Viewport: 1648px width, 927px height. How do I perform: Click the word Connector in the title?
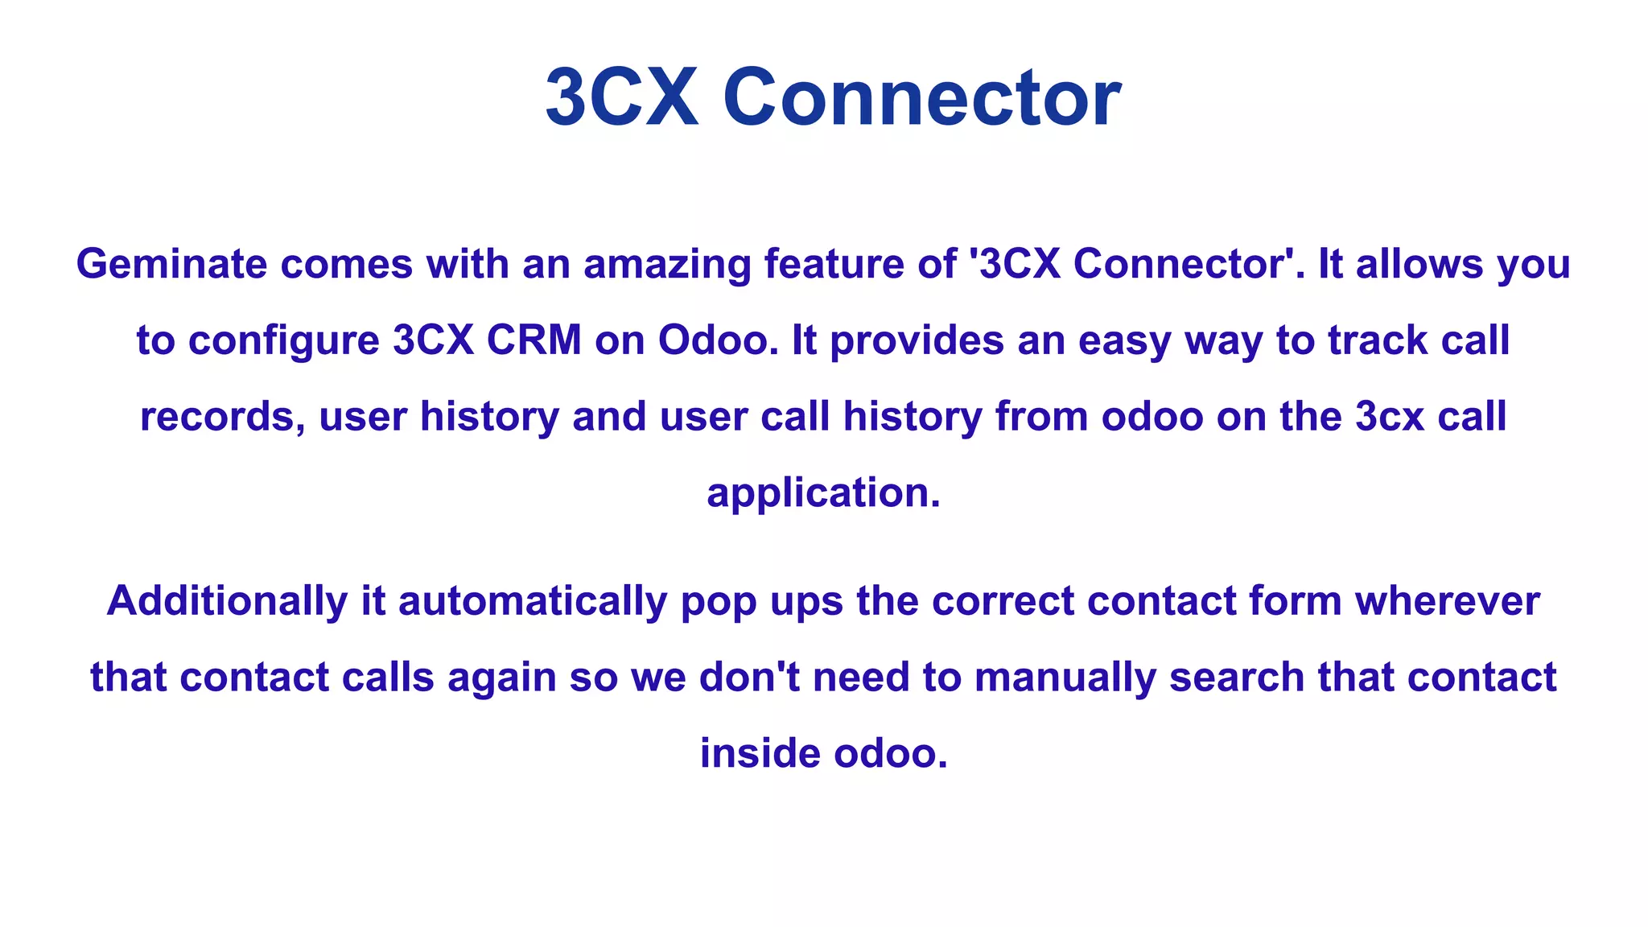click(921, 98)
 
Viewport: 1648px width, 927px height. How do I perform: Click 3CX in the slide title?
click(622, 98)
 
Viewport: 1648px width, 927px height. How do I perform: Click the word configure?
click(283, 341)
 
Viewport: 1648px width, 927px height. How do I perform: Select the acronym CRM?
click(534, 340)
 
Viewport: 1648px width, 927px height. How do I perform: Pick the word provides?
click(917, 341)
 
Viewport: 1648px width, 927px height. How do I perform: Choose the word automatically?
click(533, 601)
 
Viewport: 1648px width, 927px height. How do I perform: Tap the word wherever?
click(1448, 601)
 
